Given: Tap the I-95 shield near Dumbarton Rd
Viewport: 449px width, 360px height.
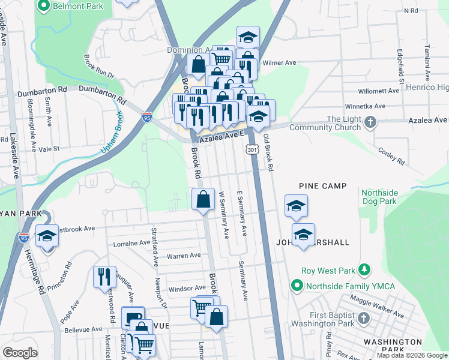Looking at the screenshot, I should pyautogui.click(x=147, y=118).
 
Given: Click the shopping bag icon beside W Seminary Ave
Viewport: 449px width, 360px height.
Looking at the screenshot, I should pyautogui.click(x=203, y=199).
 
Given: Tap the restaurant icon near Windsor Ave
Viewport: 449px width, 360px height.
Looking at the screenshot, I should pyautogui.click(x=104, y=277).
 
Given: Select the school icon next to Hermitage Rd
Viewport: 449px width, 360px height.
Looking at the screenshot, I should pyautogui.click(x=46, y=236).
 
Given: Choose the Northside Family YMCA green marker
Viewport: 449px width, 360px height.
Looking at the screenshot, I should pyautogui.click(x=296, y=286).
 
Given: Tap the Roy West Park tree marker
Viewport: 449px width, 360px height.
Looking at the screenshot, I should pyautogui.click(x=363, y=269).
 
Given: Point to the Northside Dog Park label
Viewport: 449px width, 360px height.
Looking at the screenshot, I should pyautogui.click(x=379, y=197).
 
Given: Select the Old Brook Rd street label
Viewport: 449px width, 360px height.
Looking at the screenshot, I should pyautogui.click(x=269, y=155).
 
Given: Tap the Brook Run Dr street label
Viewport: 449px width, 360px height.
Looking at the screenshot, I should pyautogui.click(x=98, y=67).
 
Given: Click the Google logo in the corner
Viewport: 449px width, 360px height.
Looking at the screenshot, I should pyautogui.click(x=20, y=353).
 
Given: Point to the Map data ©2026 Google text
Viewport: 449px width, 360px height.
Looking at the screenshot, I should pyautogui.click(x=412, y=355).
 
